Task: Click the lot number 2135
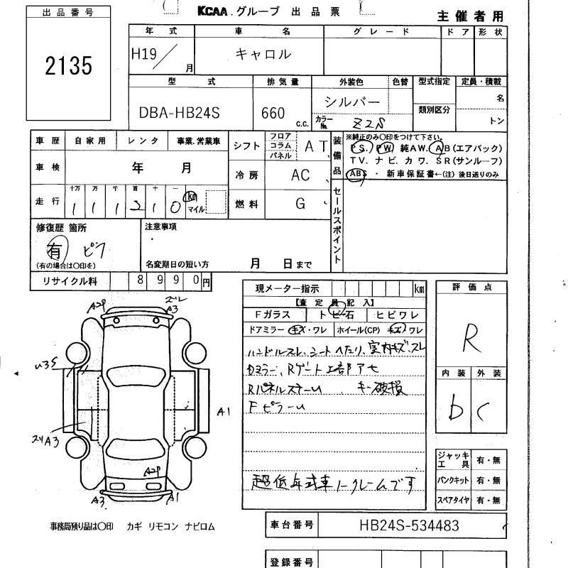[x=69, y=65]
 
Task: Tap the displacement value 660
[x=273, y=113]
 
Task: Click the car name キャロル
[x=264, y=54]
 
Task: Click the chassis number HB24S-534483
[x=410, y=526]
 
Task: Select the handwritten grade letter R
[x=469, y=342]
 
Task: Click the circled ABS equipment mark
[x=357, y=174]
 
